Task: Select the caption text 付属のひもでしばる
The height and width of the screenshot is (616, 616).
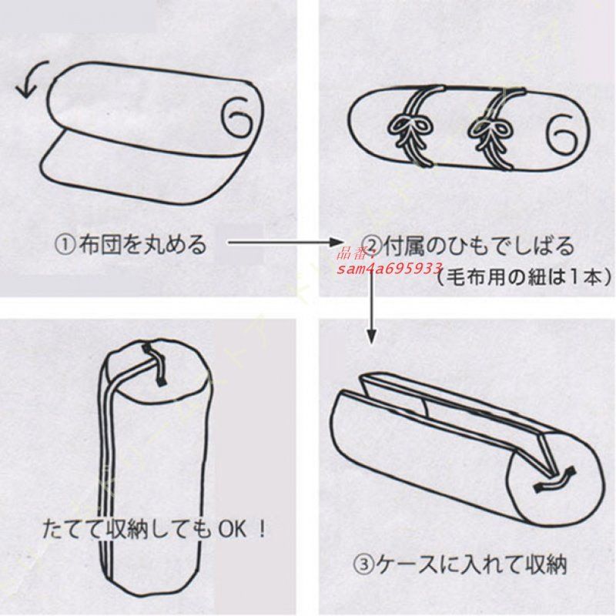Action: tap(477, 246)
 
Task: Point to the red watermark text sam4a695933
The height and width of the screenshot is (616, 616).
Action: tap(389, 267)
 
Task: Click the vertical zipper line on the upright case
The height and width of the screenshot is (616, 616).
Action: tap(108, 477)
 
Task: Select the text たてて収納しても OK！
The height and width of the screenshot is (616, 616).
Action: tap(153, 531)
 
